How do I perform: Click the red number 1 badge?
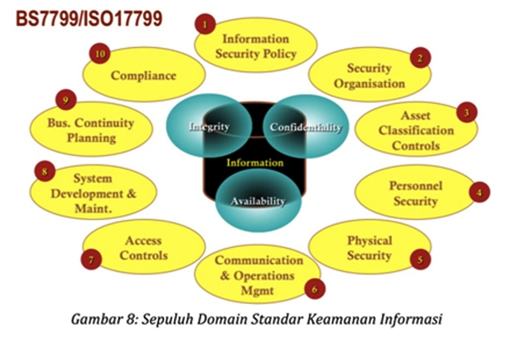[x=205, y=24]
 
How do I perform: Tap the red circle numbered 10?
[x=100, y=54]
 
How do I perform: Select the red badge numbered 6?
[x=315, y=288]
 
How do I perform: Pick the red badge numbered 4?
[x=480, y=192]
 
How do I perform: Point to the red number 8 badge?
[x=44, y=171]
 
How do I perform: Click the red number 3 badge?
[x=467, y=112]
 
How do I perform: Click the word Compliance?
[x=144, y=76]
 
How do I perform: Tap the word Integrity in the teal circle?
[x=209, y=127]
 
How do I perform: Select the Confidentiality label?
[x=306, y=127]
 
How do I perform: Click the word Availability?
[x=258, y=201]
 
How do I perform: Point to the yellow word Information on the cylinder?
[x=255, y=162]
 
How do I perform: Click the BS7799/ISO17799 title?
[x=89, y=19]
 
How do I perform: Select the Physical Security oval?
[x=370, y=247]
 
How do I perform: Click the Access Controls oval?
[x=144, y=247]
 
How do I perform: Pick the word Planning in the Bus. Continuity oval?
[x=91, y=138]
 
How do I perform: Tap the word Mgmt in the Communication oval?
[x=257, y=290]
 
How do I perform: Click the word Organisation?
[x=369, y=84]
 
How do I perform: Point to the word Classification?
[x=416, y=130]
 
